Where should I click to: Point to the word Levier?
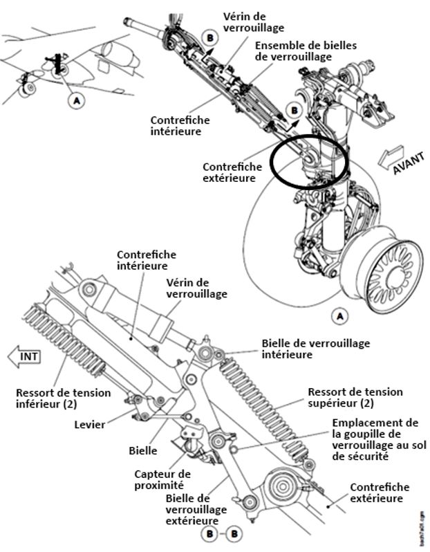pyautogui.click(x=91, y=424)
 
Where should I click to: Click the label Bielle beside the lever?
pyautogui.click(x=142, y=450)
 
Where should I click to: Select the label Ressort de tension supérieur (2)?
pyautogui.click(x=355, y=397)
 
